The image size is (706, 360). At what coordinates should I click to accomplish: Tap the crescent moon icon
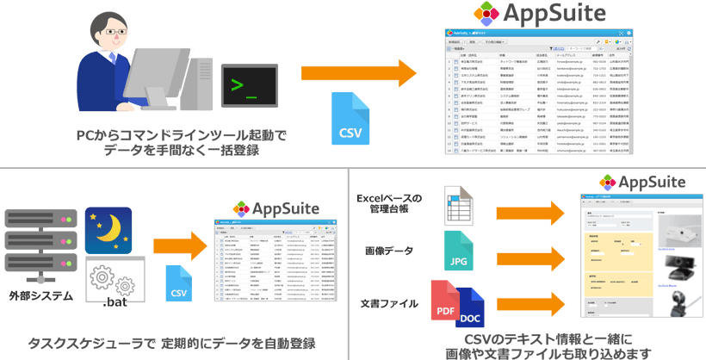pyautogui.click(x=108, y=229)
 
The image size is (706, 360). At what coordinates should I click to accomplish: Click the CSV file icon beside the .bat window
pyautogui.click(x=179, y=283)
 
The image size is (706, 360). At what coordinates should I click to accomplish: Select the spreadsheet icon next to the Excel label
pyautogui.click(x=458, y=205)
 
